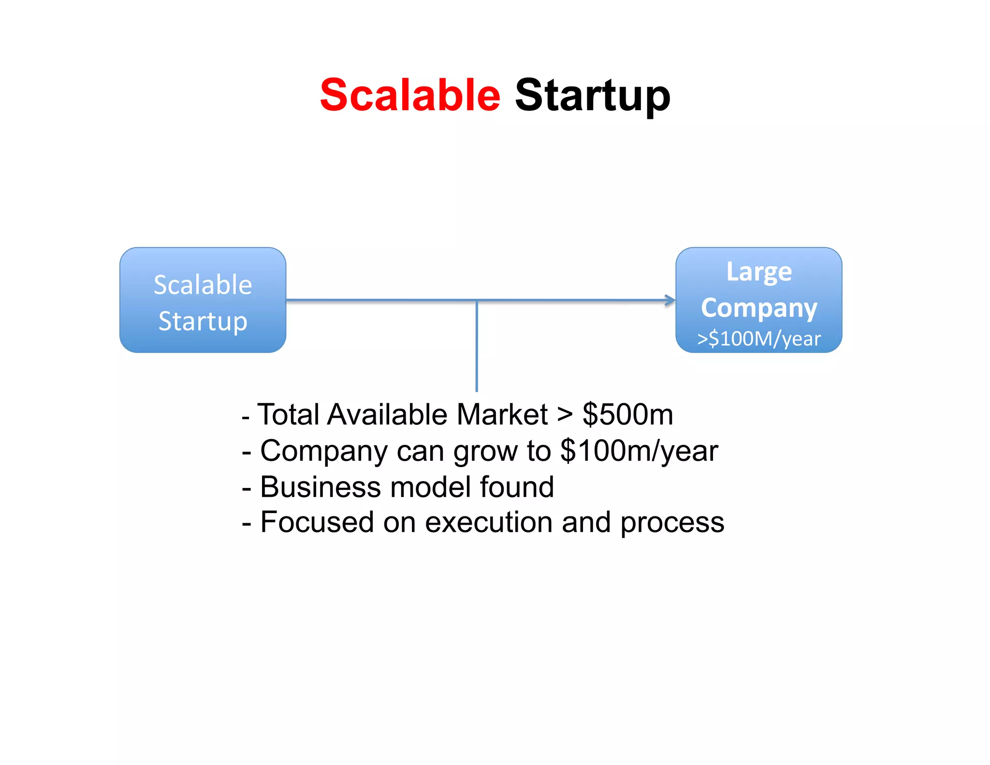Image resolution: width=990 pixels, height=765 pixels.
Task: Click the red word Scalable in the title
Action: pos(410,95)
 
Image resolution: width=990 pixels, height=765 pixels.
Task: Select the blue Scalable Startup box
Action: pos(203,300)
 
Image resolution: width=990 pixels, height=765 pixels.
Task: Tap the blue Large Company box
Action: pos(758,300)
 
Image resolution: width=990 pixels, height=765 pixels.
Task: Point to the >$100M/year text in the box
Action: pos(758,339)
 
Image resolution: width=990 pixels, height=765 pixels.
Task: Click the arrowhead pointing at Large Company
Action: pos(670,300)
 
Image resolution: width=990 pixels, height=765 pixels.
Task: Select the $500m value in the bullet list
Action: pos(627,414)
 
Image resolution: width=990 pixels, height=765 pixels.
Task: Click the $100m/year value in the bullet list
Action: pos(639,451)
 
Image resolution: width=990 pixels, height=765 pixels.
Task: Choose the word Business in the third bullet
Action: pos(320,486)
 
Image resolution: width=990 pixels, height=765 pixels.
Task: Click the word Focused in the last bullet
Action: pos(317,522)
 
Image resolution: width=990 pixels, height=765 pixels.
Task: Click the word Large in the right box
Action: pos(759,272)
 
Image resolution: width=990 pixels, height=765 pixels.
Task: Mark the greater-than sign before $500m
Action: pos(564,415)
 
